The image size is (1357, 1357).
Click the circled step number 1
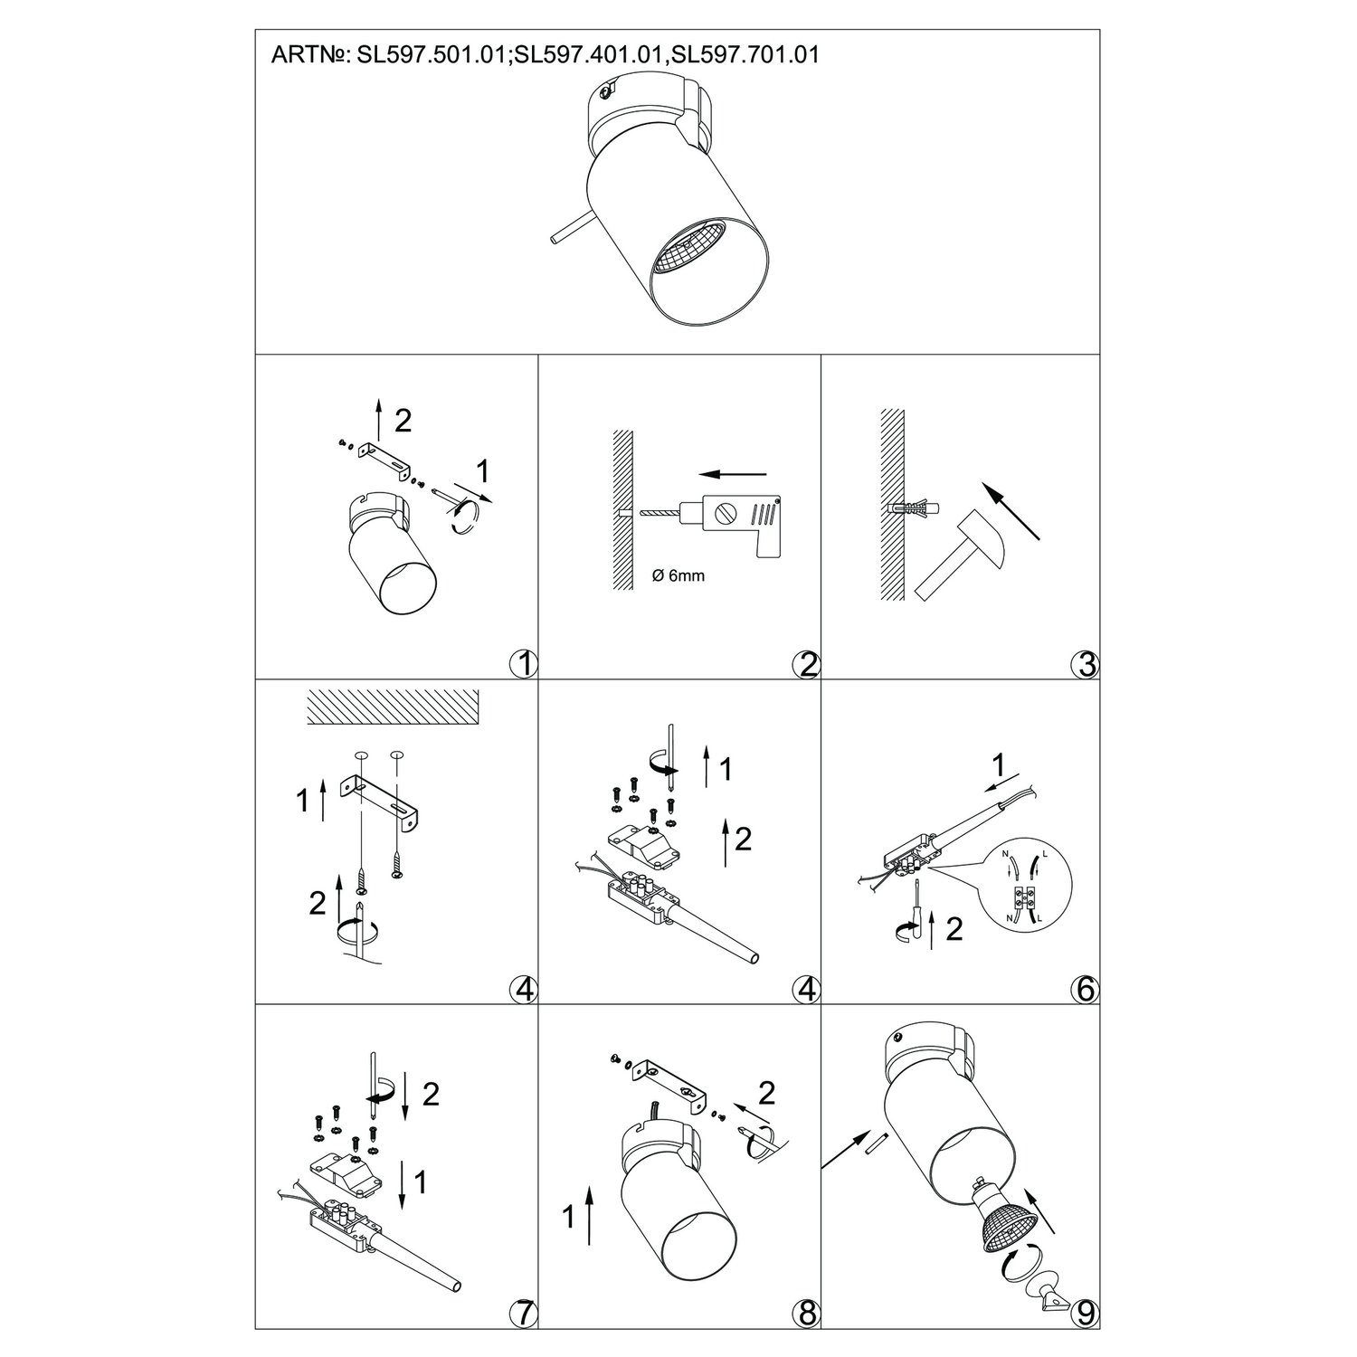pos(523,664)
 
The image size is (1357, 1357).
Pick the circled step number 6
pos(1084,989)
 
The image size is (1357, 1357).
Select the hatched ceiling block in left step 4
pos(391,707)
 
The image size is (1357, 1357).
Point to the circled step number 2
pos(804,664)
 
